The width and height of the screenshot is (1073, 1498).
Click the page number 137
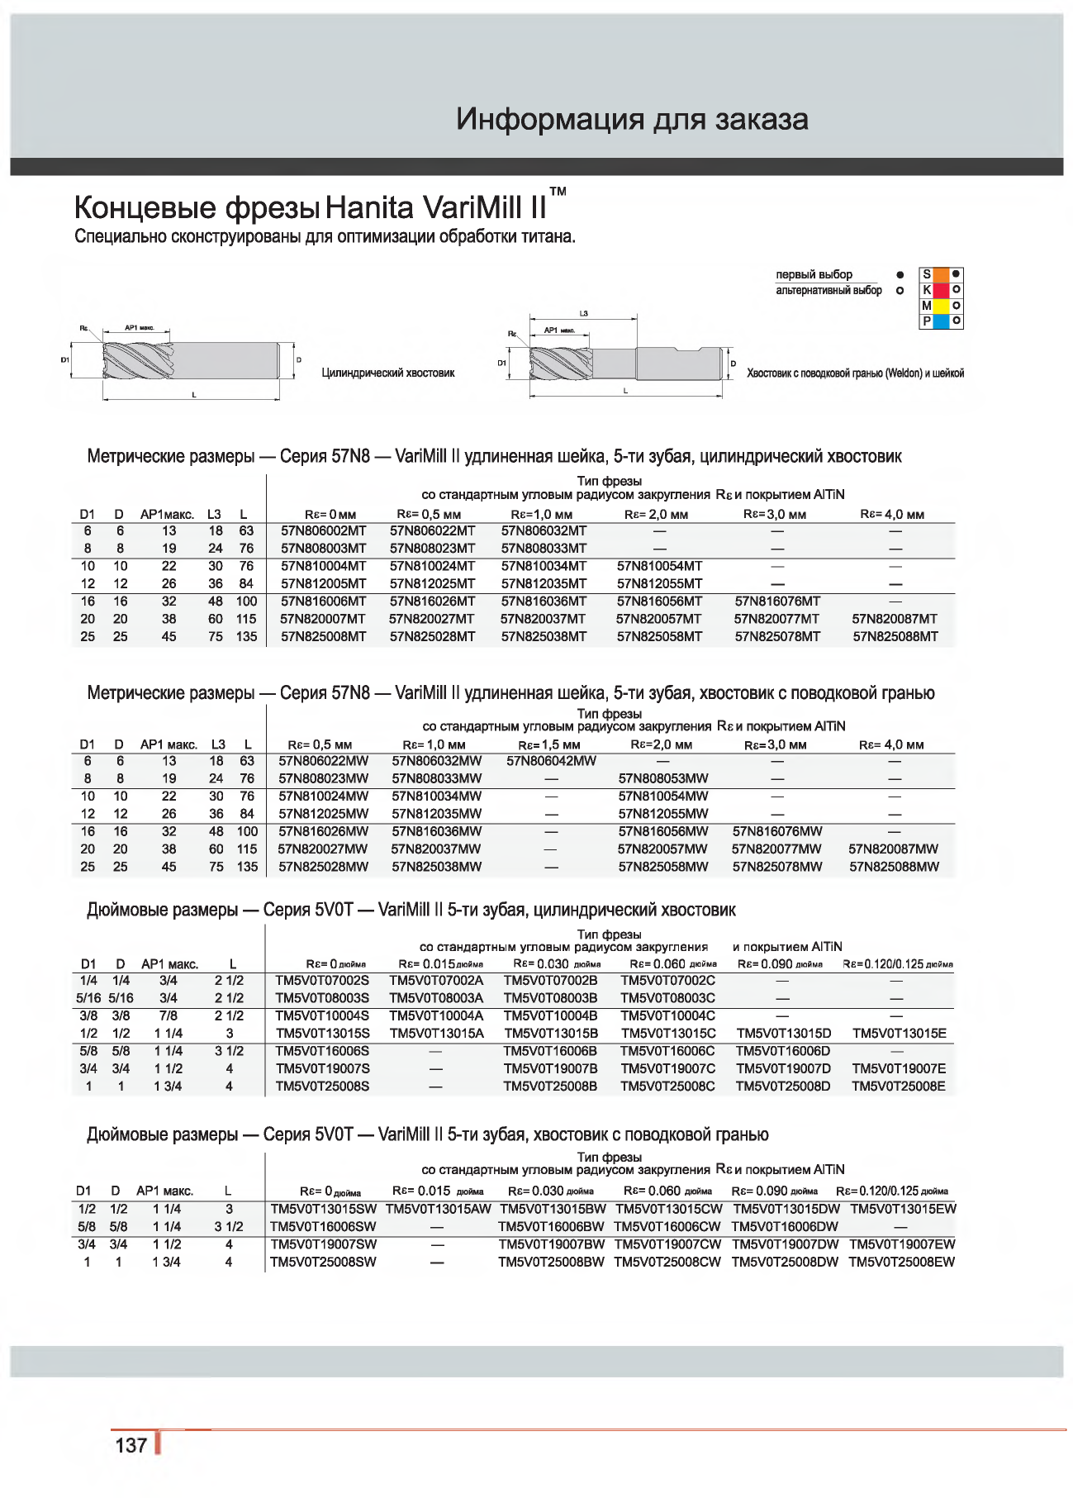tap(131, 1445)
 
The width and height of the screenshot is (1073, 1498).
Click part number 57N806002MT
tap(323, 531)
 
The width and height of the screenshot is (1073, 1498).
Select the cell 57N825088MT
tap(895, 637)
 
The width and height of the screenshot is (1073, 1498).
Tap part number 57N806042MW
tap(551, 761)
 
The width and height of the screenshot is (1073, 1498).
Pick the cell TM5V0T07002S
tap(322, 981)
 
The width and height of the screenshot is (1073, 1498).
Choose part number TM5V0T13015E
tap(899, 1034)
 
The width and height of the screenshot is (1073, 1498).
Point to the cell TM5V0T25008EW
tap(901, 1263)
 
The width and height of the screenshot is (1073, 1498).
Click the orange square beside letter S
tap(941, 275)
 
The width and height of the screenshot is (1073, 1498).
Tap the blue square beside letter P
tap(941, 321)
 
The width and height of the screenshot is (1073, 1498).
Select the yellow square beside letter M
tap(941, 306)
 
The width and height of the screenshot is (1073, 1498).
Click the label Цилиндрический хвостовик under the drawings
tap(388, 373)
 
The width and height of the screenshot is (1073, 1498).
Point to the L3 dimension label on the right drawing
tap(584, 314)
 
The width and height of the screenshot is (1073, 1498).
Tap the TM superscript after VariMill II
tap(558, 192)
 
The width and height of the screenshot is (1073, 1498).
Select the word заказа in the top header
tap(762, 120)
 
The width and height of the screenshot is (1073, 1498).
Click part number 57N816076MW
tap(777, 832)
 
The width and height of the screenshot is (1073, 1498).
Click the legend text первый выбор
tap(814, 274)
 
